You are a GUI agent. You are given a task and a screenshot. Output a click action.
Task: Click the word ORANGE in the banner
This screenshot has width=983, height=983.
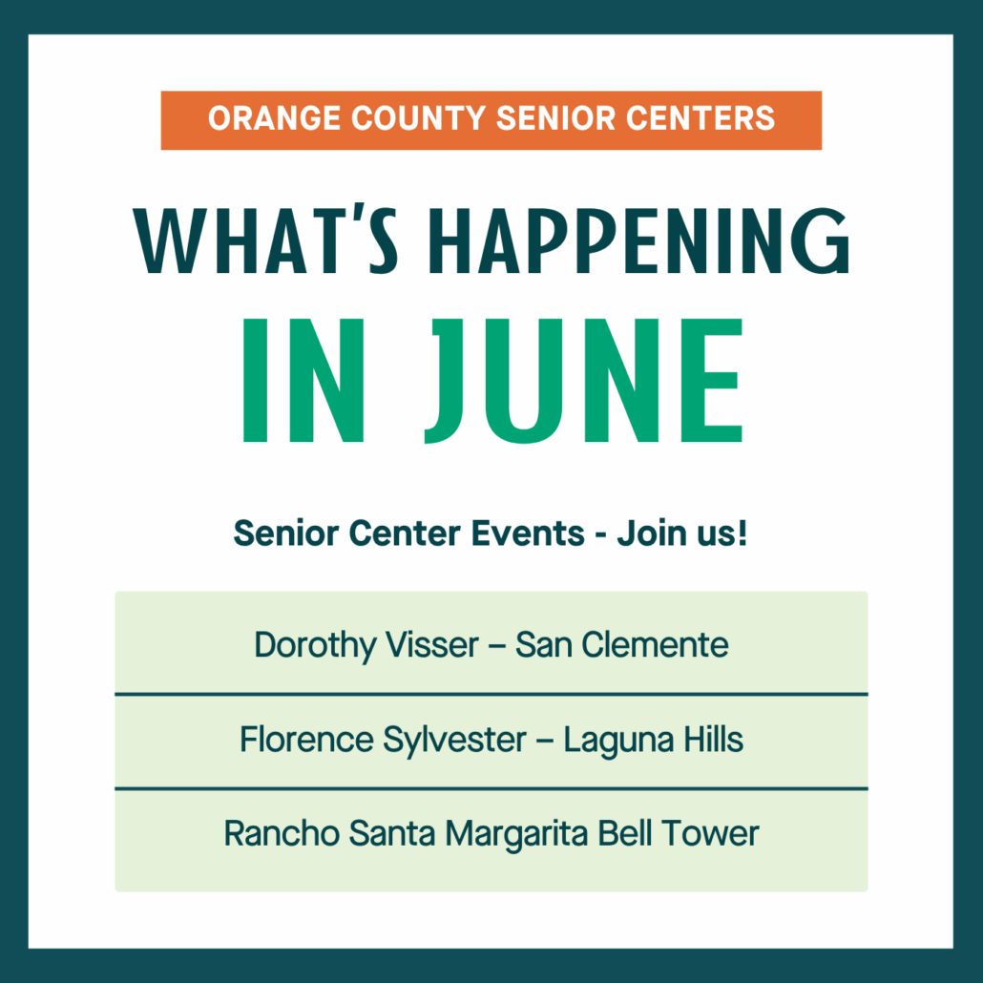click(275, 118)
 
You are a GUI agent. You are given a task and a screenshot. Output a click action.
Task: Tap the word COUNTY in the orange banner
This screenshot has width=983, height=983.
click(418, 118)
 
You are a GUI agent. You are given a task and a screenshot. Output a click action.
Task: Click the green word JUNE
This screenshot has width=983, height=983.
click(584, 381)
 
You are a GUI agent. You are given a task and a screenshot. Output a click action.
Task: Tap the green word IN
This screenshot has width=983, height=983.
click(303, 381)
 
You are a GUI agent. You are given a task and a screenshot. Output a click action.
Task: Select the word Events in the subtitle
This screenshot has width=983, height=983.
click(528, 533)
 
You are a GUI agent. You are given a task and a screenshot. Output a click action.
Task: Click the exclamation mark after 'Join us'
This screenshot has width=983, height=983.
click(742, 533)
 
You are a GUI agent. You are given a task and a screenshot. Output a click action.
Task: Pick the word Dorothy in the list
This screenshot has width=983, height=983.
click(315, 646)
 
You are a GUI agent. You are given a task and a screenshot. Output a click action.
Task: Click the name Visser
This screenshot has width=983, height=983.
click(432, 644)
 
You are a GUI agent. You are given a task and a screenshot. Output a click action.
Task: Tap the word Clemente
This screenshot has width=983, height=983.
click(655, 644)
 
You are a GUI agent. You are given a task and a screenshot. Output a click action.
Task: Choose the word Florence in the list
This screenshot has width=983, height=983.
click(306, 739)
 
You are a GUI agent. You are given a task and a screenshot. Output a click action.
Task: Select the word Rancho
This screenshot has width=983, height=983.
click(282, 834)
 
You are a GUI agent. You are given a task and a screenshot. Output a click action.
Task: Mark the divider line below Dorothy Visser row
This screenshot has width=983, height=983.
click(491, 694)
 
